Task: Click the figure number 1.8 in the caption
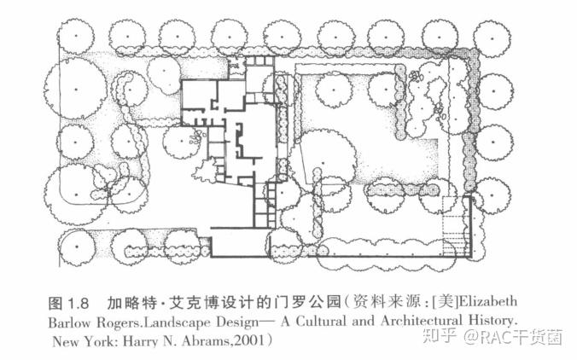click(79, 304)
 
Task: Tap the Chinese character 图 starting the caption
click(55, 304)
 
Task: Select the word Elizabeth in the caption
click(488, 302)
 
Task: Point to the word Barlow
click(69, 322)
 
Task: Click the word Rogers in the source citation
click(119, 322)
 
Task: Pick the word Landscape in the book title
click(177, 322)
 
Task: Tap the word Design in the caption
click(237, 322)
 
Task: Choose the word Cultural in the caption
click(321, 321)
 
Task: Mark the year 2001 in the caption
click(248, 341)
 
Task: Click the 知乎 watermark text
click(439, 336)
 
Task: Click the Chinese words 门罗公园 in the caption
click(307, 303)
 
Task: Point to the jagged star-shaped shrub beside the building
click(205, 171)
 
